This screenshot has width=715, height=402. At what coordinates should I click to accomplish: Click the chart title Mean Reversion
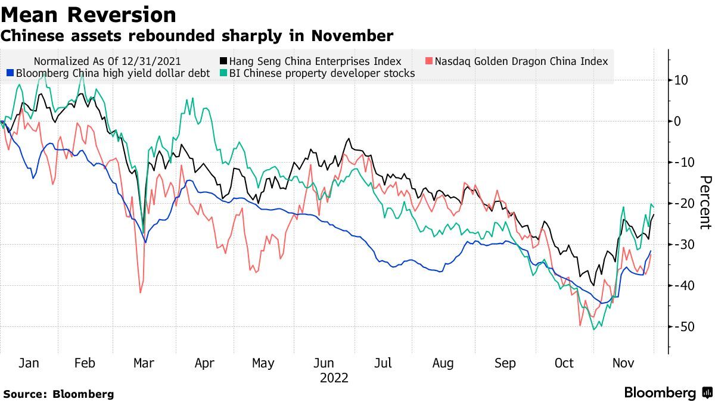tap(88, 15)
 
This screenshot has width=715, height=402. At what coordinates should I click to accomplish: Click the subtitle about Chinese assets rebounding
tap(197, 36)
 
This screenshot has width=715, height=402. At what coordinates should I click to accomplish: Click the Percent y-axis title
tap(705, 202)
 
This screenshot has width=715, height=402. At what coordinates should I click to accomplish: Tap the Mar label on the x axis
tap(144, 363)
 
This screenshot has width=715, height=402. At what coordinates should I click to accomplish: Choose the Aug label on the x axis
tap(443, 363)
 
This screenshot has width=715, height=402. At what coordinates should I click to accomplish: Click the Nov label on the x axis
tap(623, 363)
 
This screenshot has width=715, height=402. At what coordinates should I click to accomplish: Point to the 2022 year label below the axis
tap(334, 378)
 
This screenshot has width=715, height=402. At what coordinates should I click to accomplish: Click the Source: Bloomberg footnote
tap(58, 394)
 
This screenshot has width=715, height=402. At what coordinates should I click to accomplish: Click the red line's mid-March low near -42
tap(141, 292)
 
